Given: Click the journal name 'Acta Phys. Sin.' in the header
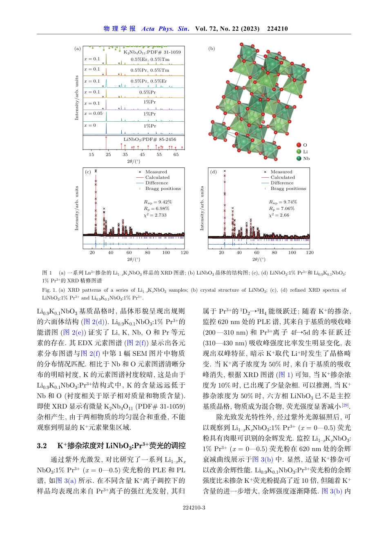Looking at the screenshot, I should (x=165, y=29).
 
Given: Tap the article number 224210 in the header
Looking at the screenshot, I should (x=277, y=29).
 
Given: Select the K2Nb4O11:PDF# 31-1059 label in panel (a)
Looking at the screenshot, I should (x=152, y=52).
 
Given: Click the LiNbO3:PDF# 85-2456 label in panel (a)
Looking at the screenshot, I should (x=149, y=139).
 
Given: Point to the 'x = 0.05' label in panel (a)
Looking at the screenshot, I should (x=93, y=114).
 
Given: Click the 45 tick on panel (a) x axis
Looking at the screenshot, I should (x=142, y=155).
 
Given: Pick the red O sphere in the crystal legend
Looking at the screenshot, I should (x=299, y=145).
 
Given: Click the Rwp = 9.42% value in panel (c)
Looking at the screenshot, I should (x=158, y=202).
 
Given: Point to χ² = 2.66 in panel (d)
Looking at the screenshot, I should (x=279, y=215).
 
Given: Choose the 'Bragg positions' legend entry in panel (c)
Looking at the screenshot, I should (x=163, y=189).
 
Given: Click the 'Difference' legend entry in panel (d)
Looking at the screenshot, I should (x=282, y=183).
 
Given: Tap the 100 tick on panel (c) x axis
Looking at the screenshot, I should (x=166, y=253).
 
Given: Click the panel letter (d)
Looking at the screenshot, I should (x=213, y=172).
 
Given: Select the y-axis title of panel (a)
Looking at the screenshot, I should (x=76, y=98).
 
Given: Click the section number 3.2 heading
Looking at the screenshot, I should (x=42, y=446).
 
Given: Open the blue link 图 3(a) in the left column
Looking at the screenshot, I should (x=66, y=481).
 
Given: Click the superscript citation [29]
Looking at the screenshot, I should (x=346, y=405).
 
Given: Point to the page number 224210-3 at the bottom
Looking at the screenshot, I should (x=194, y=508).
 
